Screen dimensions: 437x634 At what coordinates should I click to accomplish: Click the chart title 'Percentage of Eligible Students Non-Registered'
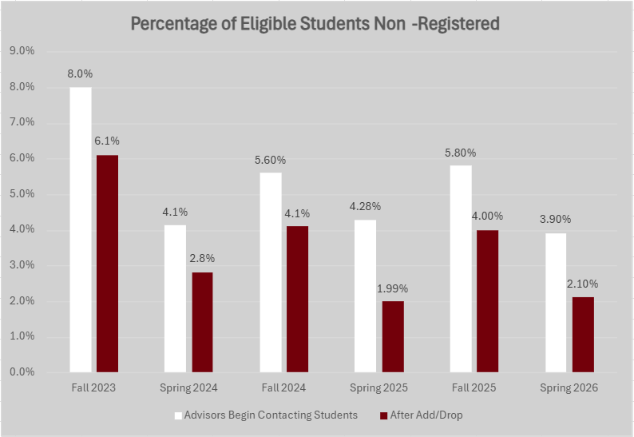pyautogui.click(x=315, y=24)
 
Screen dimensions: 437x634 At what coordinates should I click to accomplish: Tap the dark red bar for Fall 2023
pyautogui.click(x=107, y=264)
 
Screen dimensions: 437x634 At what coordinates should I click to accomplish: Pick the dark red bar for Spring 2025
pyautogui.click(x=392, y=336)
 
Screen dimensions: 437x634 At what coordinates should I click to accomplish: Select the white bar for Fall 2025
pyautogui.click(x=461, y=268)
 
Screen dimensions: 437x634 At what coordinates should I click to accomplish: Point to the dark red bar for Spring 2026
pyautogui.click(x=583, y=335)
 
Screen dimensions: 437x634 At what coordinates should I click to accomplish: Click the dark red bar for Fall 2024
pyautogui.click(x=297, y=299)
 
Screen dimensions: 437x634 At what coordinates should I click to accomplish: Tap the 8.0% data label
pyautogui.click(x=81, y=74)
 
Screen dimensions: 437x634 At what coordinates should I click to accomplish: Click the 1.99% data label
pyautogui.click(x=393, y=288)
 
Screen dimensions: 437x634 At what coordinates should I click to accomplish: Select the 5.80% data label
pyautogui.click(x=461, y=152)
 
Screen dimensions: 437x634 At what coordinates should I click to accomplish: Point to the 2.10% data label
pyautogui.click(x=583, y=284)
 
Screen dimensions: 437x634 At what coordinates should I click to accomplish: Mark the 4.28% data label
pyautogui.click(x=366, y=206)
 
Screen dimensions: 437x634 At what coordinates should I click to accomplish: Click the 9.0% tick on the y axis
pyautogui.click(x=22, y=50)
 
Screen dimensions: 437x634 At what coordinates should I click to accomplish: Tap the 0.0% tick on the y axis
pyautogui.click(x=22, y=372)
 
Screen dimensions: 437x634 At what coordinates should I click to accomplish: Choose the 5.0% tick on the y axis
pyautogui.click(x=22, y=193)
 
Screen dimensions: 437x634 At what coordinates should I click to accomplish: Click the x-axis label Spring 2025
pyautogui.click(x=379, y=388)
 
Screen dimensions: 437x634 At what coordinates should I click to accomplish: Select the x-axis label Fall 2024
pyautogui.click(x=284, y=388)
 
